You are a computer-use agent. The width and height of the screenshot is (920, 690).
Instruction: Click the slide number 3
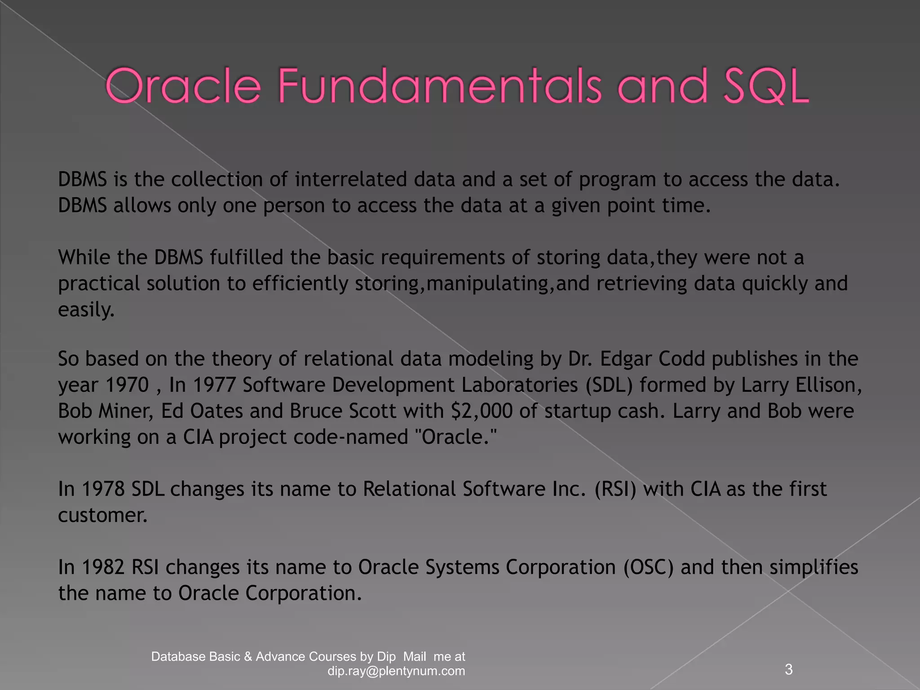[789, 669]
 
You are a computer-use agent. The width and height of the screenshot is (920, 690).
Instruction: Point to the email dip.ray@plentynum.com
[396, 671]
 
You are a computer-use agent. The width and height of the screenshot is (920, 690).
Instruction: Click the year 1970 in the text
[126, 385]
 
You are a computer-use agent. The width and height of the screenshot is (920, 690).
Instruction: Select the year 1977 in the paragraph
[214, 385]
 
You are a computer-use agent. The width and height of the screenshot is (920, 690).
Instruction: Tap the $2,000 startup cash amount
[482, 411]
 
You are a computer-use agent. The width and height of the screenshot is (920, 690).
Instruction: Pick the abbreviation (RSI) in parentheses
[615, 489]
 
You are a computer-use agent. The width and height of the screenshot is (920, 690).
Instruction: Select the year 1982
[103, 567]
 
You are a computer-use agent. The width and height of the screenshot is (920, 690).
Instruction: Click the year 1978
[103, 489]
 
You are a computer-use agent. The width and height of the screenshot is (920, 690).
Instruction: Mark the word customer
[102, 515]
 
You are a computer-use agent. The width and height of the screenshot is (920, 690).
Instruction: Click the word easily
[86, 310]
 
